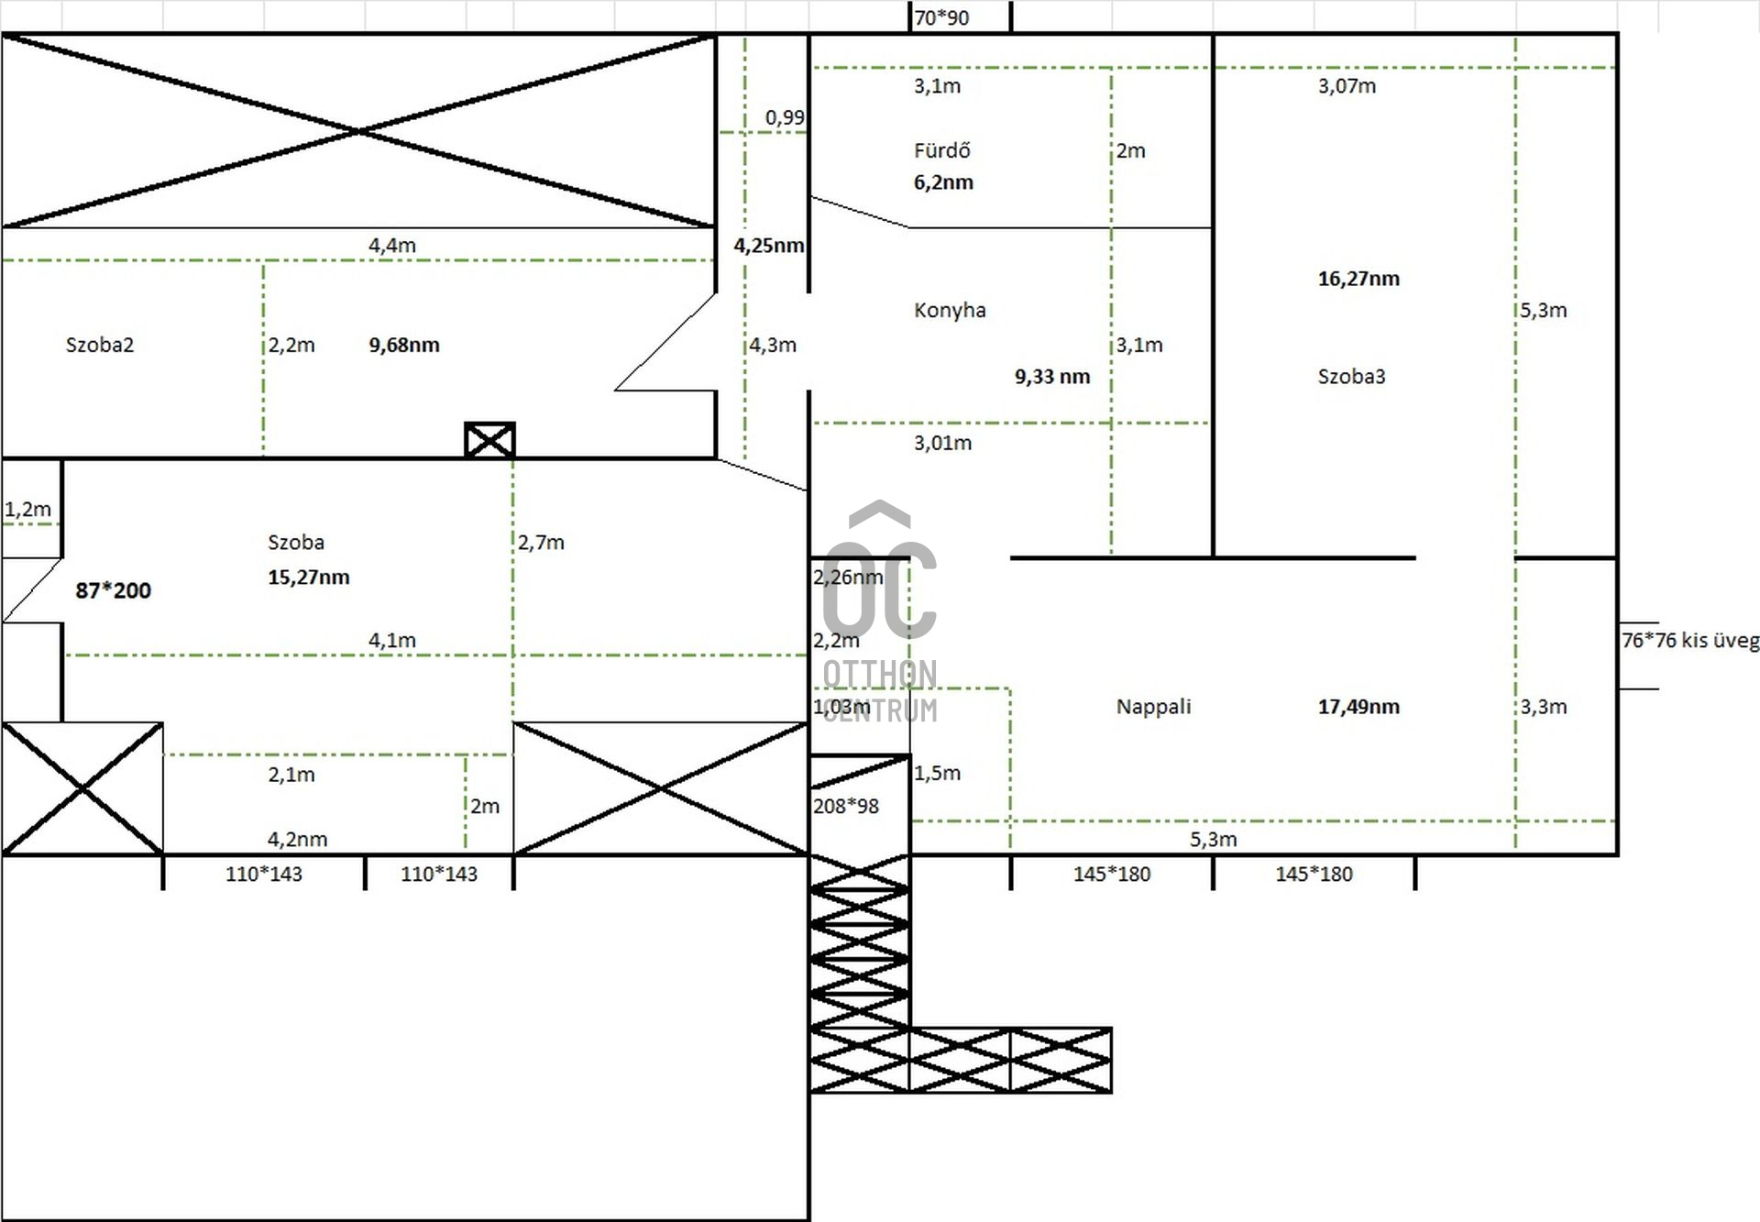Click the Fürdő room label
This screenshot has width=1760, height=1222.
[941, 150]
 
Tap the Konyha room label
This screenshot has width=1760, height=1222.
[950, 310]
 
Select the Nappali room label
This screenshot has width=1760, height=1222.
[1153, 707]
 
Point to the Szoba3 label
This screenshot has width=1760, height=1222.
[1351, 376]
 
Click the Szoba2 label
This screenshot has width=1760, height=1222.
[99, 345]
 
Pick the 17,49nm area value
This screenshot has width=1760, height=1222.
[1358, 707]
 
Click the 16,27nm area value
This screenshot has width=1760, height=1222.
[1358, 279]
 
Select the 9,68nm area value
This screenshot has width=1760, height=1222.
[404, 345]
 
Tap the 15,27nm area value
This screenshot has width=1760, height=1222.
[308, 578]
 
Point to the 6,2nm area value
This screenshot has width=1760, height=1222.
[943, 182]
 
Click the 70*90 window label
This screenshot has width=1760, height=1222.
[941, 17]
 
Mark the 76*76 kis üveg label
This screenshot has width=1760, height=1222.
[1689, 641]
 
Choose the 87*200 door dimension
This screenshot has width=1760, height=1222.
[113, 590]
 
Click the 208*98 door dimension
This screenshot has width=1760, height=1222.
[845, 807]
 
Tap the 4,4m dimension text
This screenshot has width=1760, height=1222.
[391, 246]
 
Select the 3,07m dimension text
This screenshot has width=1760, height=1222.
[1347, 86]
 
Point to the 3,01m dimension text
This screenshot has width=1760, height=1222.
[942, 444]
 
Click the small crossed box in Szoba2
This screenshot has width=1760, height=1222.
[489, 441]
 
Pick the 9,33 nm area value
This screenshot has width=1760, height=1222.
[1051, 377]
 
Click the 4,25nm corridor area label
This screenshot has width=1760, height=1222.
[768, 246]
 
